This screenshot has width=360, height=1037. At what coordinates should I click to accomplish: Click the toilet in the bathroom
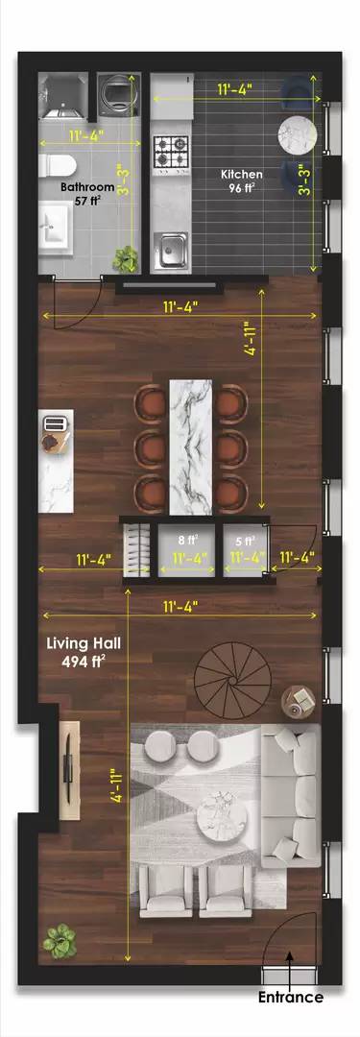51,165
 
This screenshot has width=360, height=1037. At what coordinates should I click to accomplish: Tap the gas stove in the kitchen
172,152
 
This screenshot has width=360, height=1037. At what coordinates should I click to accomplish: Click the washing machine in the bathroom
119,94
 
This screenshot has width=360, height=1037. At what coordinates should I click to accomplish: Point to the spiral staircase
233,681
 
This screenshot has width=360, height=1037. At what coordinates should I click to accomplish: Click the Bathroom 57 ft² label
86,194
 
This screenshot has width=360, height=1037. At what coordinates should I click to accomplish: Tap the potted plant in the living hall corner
60,941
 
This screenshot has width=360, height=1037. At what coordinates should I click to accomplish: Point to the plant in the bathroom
125,259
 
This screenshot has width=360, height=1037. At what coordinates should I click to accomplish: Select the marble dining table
191,447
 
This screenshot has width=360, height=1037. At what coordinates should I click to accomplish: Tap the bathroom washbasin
55,229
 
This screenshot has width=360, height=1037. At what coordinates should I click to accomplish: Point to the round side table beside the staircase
299,701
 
